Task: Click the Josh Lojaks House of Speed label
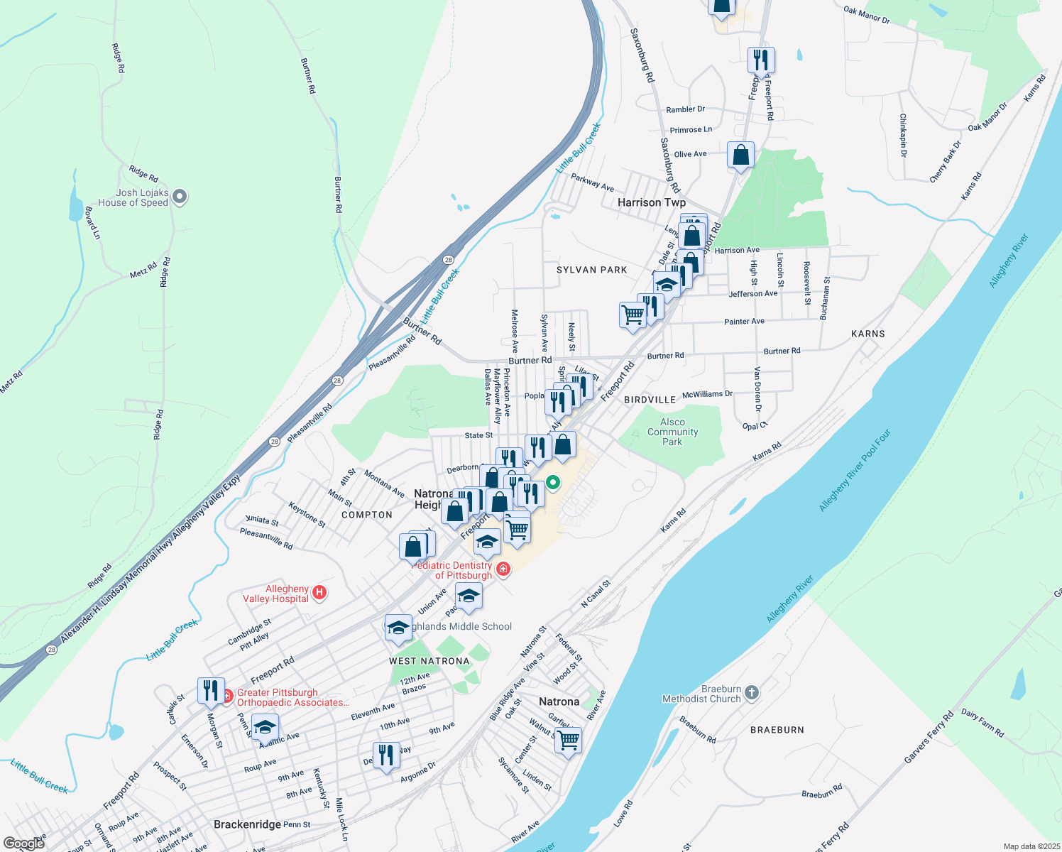click(133, 197)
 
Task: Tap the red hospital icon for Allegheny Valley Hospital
click(319, 593)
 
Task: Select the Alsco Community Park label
click(672, 432)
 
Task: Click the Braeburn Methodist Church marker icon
click(752, 693)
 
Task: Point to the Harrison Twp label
click(651, 202)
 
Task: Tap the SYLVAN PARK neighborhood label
click(591, 270)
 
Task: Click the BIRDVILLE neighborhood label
click(650, 400)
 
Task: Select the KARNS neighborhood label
click(867, 334)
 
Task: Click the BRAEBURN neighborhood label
click(777, 730)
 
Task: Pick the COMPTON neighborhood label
click(366, 515)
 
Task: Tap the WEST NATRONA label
click(429, 661)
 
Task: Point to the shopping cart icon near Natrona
click(568, 741)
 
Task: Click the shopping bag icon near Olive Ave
click(740, 155)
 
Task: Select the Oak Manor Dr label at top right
click(866, 14)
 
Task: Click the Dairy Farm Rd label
click(982, 722)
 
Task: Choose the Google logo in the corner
click(23, 843)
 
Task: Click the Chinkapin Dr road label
click(903, 135)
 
